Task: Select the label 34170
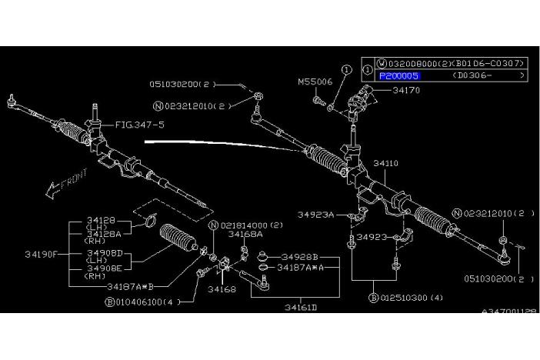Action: [x=405, y=90]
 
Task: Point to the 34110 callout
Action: [x=387, y=164]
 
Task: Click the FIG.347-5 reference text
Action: [x=140, y=124]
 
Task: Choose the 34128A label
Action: [x=104, y=232]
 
